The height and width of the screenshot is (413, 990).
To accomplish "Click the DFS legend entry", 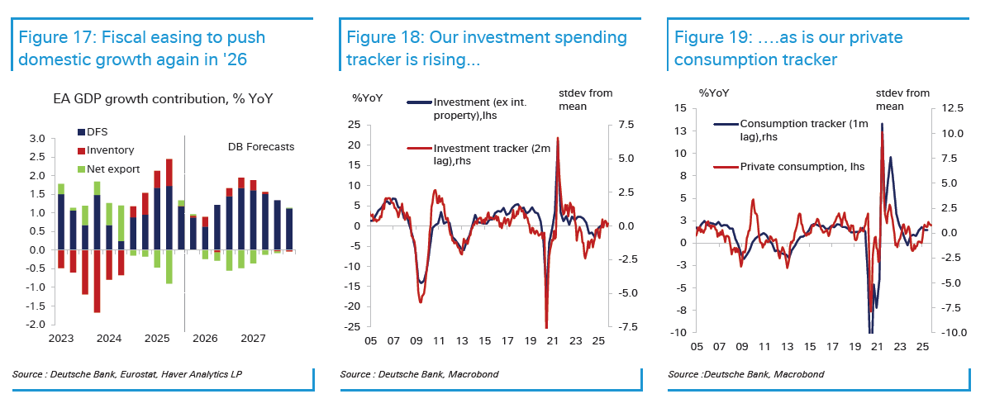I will point(98,131).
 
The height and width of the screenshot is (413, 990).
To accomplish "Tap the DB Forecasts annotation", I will point(261,147).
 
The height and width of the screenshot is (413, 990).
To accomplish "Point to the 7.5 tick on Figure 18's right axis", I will point(621,125).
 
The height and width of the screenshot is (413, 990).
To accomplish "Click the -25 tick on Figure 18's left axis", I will point(355,326).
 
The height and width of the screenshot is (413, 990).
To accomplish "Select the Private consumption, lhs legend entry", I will point(802,166).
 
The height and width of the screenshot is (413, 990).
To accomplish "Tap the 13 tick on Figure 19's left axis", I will point(683,131).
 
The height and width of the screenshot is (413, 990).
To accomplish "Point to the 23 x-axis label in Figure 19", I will point(898,347).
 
